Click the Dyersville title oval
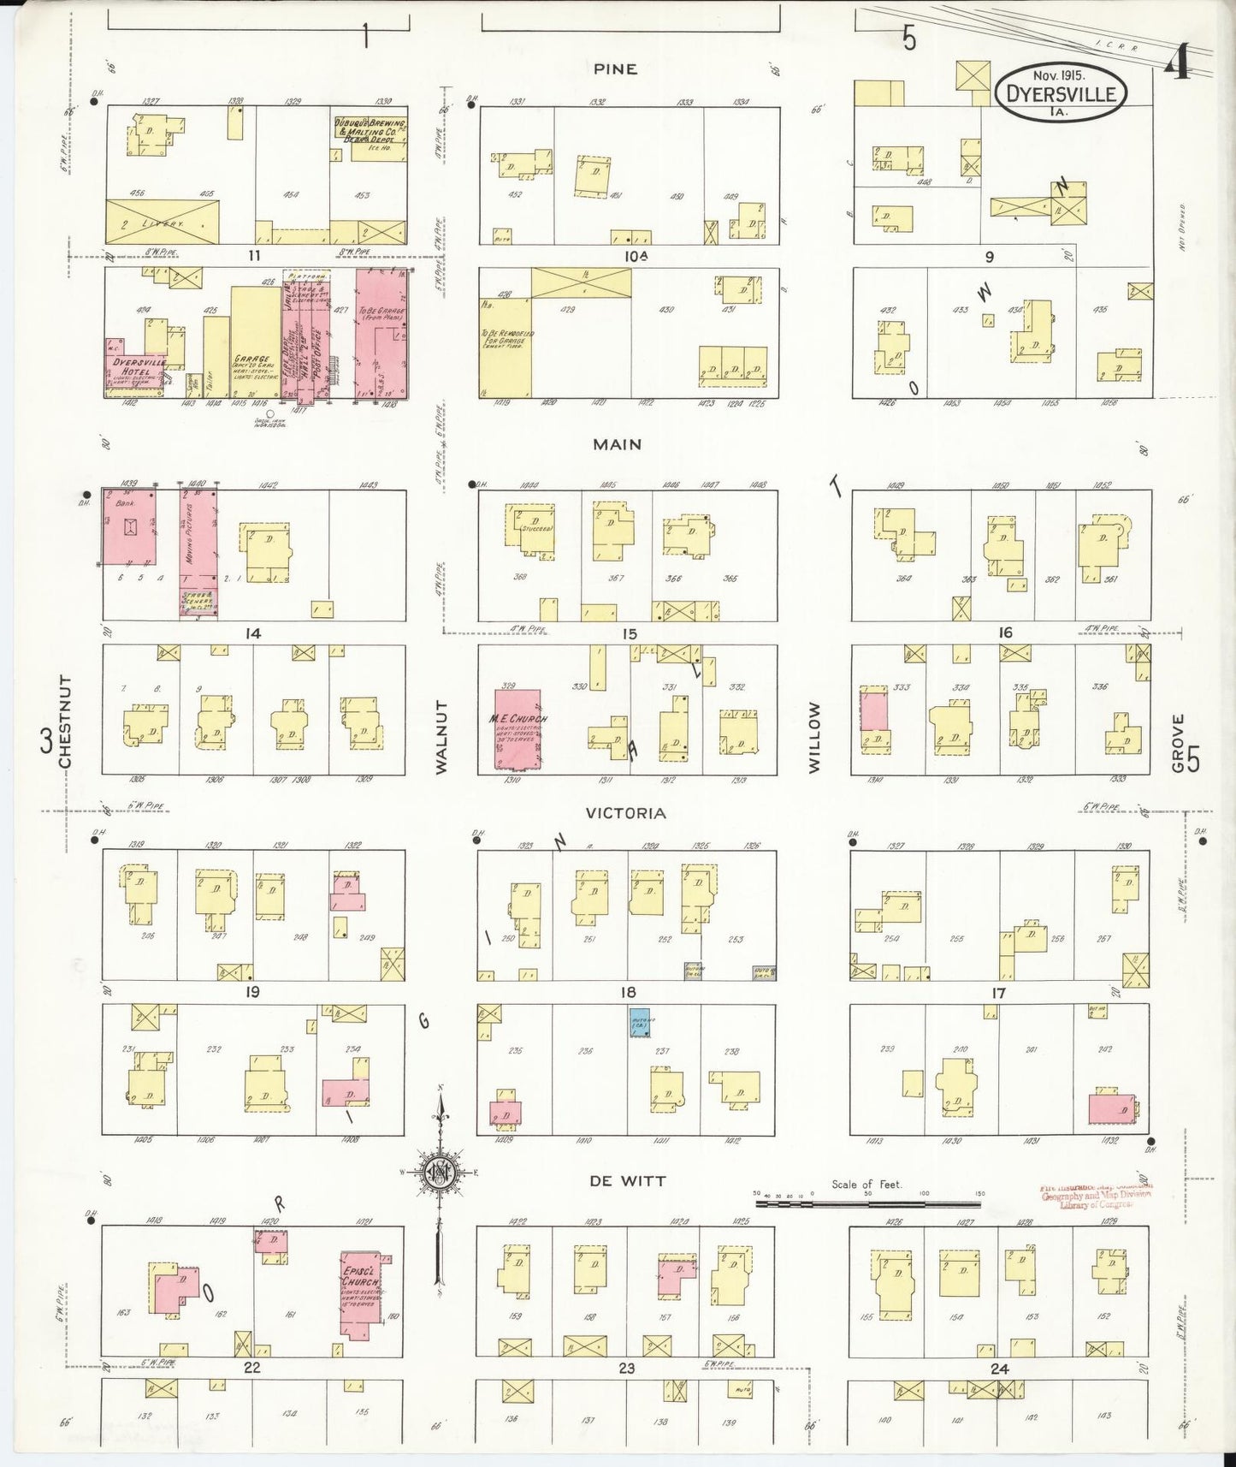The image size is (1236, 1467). pos(1061,88)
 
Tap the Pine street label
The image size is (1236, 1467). pos(616,69)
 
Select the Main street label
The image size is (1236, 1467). pos(617,444)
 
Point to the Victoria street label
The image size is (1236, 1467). pos(626,813)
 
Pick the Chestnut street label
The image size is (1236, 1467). pos(66,721)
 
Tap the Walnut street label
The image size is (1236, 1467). pos(441,737)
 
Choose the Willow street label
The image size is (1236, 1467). pos(813,737)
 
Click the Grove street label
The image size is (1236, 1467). pos(1178,743)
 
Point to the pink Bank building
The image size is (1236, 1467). pos(129,526)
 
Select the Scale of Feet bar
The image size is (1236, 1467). pos(867,1203)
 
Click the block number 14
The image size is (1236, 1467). pos(252,634)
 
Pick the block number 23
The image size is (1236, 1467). pos(627,1369)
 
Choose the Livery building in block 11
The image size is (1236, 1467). pos(162,222)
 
